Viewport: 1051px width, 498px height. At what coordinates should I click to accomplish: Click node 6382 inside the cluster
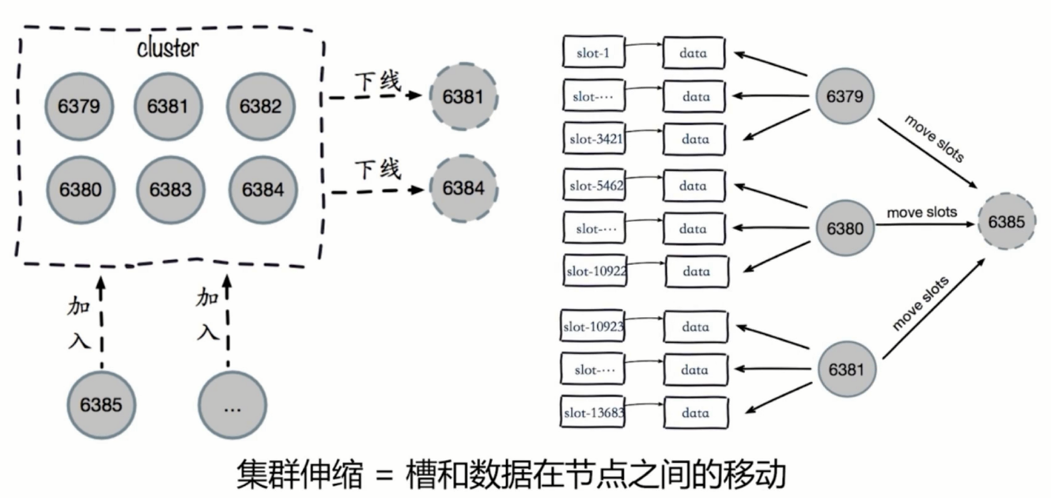click(260, 107)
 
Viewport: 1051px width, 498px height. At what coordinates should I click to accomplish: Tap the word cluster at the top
click(168, 48)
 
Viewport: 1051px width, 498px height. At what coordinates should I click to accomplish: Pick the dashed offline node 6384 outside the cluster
click(463, 188)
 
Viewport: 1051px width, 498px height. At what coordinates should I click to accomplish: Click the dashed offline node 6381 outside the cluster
click(463, 96)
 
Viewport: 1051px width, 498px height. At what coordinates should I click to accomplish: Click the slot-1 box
click(593, 53)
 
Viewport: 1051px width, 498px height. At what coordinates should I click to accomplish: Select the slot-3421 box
click(593, 139)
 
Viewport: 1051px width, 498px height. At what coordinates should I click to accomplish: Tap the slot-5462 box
click(593, 187)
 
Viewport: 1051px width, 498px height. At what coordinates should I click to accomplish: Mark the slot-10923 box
click(593, 326)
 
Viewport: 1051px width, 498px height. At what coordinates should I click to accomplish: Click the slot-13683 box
click(593, 412)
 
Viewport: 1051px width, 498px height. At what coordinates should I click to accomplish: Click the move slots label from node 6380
click(921, 213)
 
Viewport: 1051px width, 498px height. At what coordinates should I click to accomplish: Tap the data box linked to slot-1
click(694, 54)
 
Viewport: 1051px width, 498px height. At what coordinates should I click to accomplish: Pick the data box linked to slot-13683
click(695, 413)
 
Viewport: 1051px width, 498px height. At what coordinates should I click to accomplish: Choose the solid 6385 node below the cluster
click(100, 405)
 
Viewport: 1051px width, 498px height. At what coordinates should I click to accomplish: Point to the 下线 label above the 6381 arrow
click(377, 81)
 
